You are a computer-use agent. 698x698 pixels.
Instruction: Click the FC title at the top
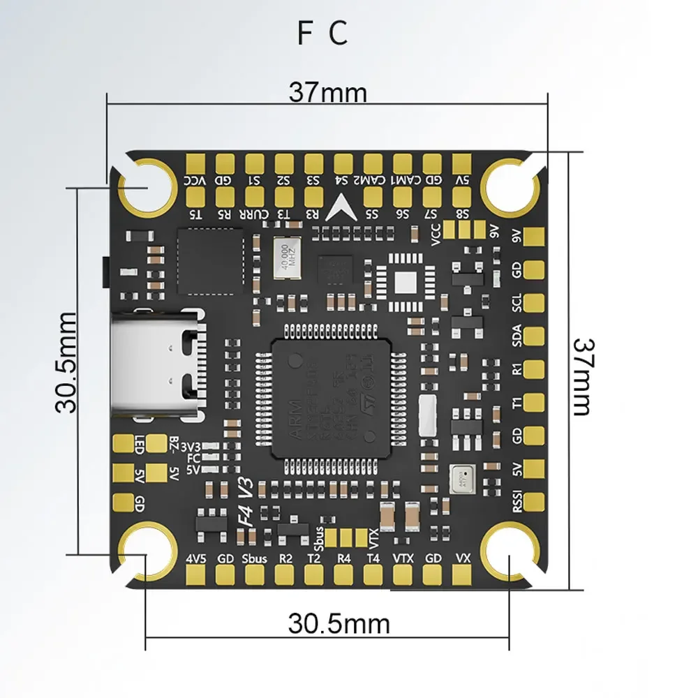[322, 34]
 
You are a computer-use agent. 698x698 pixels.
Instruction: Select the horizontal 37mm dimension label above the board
[328, 92]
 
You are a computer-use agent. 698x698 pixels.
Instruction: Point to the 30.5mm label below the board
[339, 623]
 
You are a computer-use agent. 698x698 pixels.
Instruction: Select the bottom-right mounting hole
[510, 555]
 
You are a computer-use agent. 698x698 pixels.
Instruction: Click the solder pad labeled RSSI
[534, 500]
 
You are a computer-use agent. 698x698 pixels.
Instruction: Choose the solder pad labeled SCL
[534, 302]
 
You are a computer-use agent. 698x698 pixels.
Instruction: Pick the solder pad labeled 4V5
[195, 574]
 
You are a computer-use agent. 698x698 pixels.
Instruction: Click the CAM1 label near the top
[403, 181]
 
